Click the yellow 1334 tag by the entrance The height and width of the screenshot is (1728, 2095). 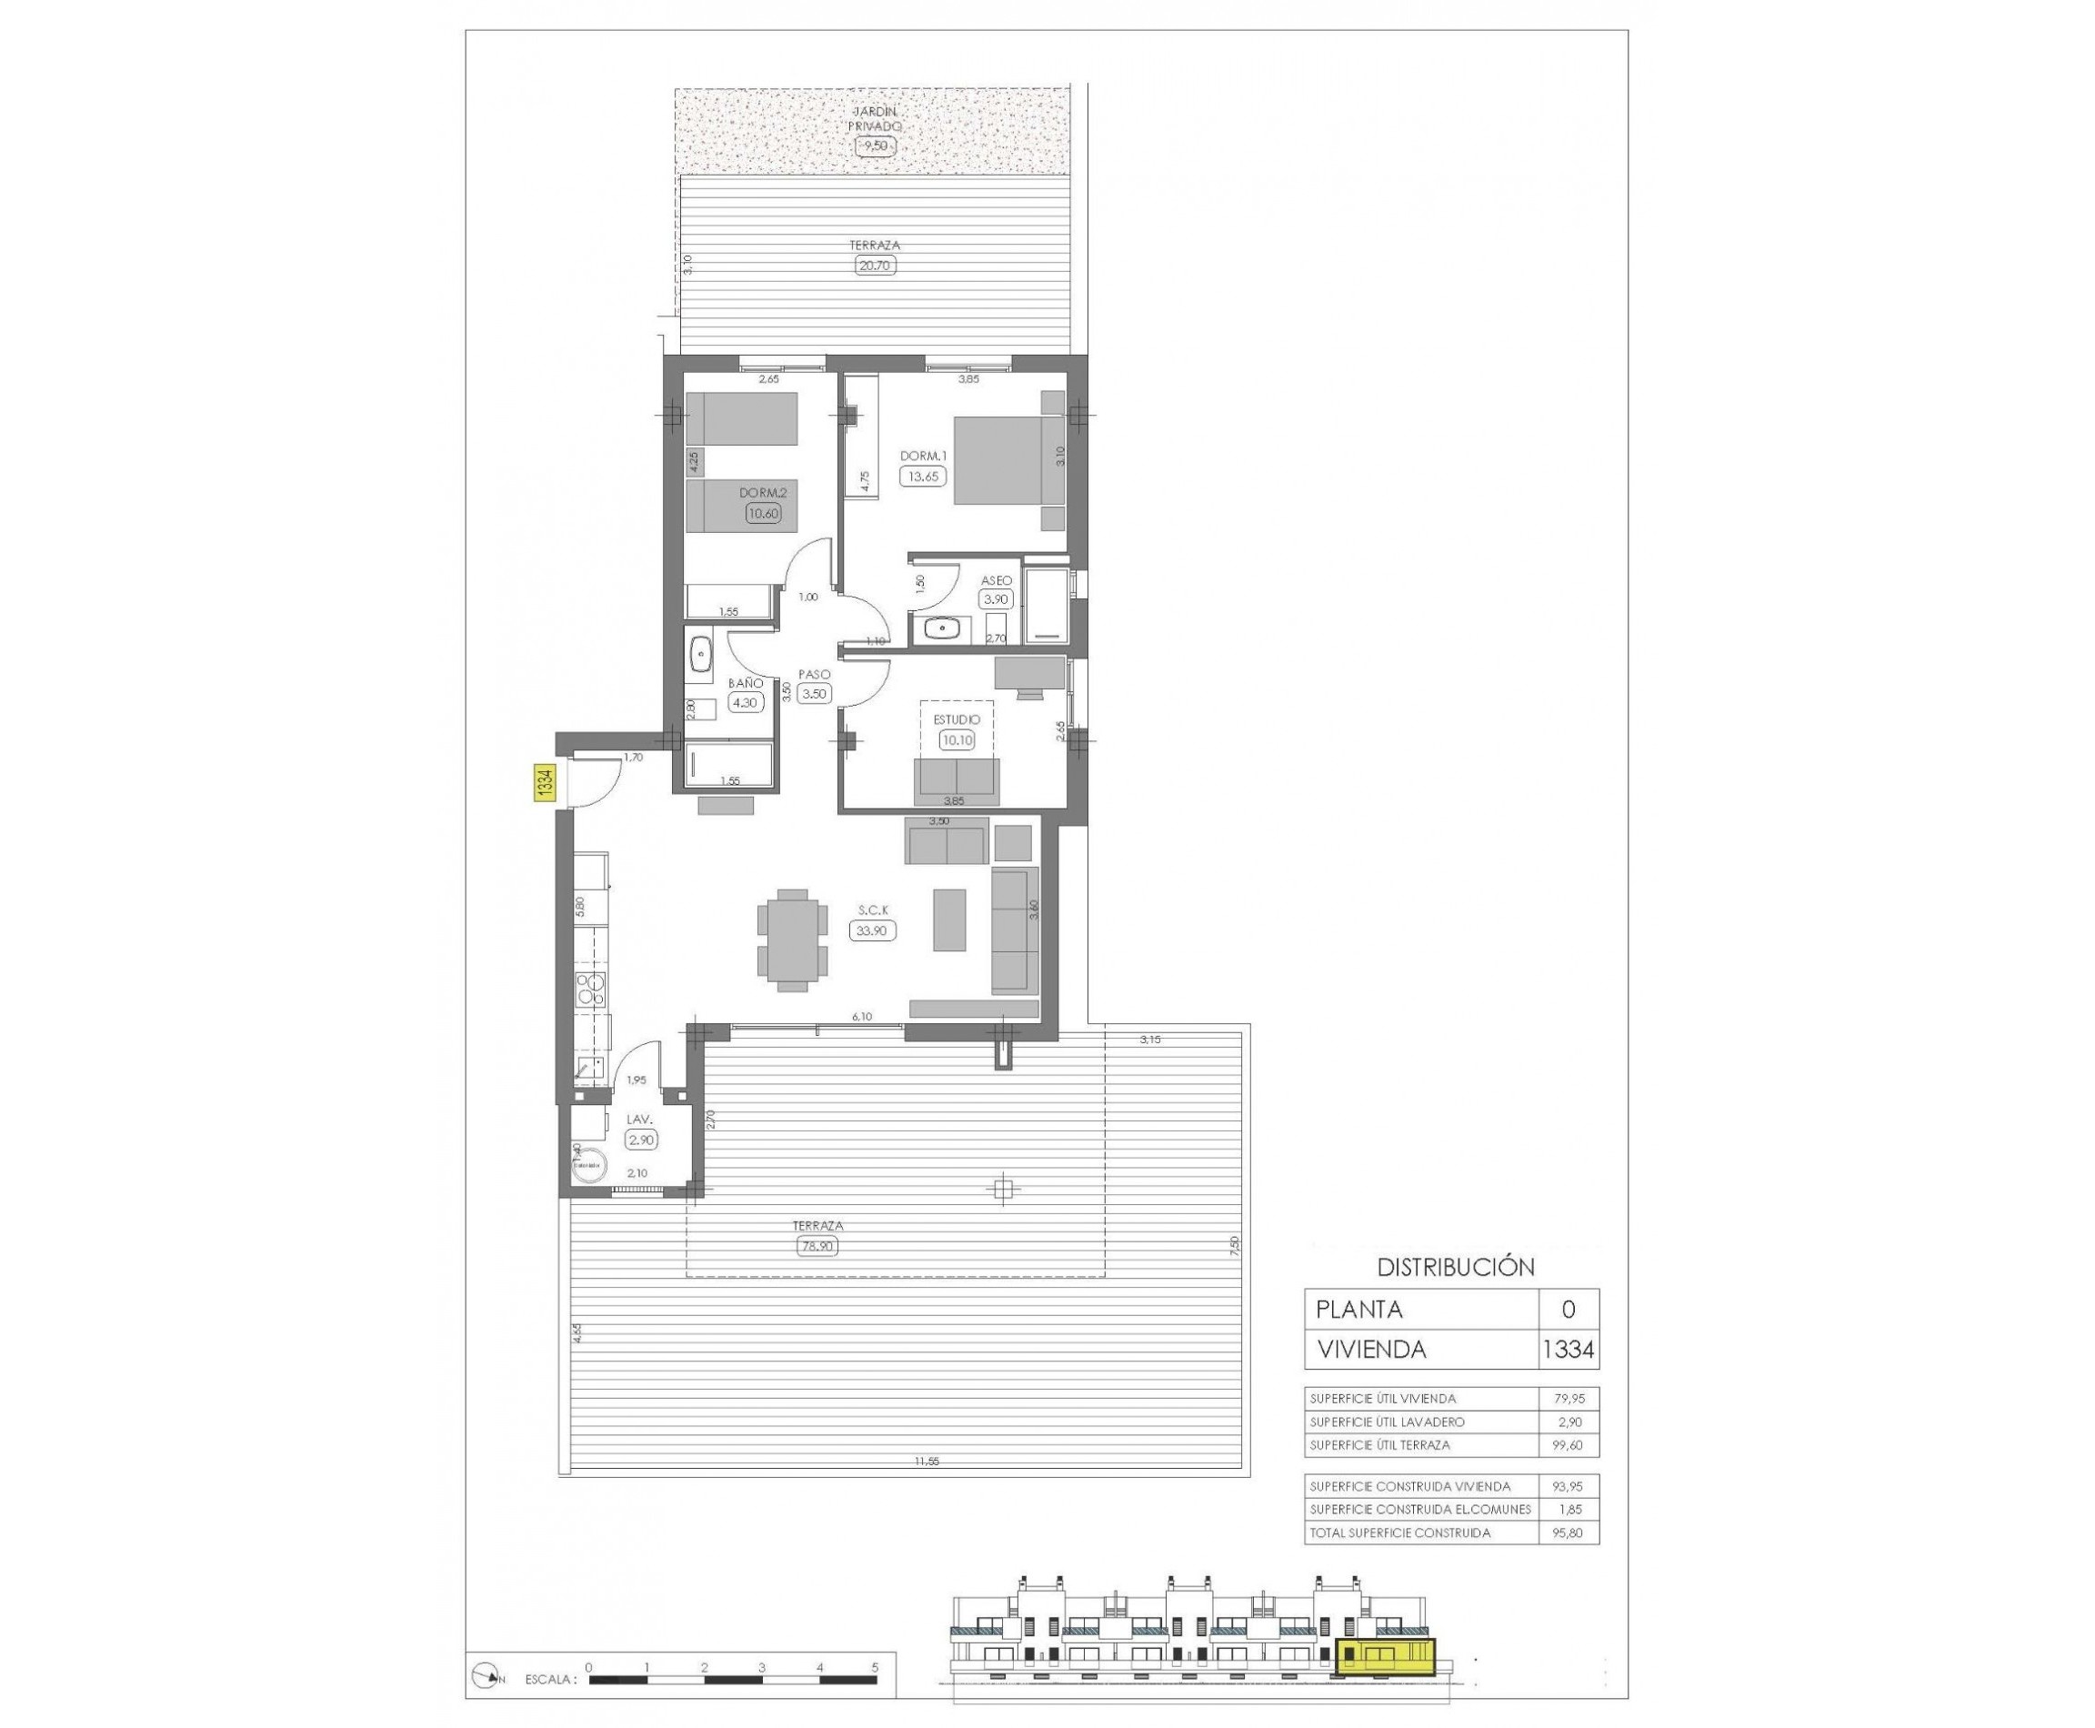[x=544, y=781]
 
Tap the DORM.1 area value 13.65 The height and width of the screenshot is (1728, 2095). [x=919, y=476]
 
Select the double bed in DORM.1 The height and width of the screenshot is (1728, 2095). [x=1008, y=460]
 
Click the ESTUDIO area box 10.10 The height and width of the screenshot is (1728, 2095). [x=956, y=739]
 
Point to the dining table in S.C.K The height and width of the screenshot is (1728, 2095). [x=792, y=939]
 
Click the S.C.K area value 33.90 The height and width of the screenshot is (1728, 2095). [x=873, y=930]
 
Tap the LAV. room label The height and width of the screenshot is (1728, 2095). [x=639, y=1120]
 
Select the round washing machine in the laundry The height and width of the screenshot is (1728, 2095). [x=590, y=1165]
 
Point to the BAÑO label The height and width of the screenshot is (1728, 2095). [x=745, y=684]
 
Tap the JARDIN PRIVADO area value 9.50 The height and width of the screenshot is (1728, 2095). [x=875, y=146]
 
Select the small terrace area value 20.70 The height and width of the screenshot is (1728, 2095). [x=875, y=265]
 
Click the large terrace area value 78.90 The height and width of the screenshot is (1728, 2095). [x=817, y=1245]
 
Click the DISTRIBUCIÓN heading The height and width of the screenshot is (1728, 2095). [x=1455, y=1267]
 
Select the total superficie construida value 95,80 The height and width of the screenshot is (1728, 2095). [x=1568, y=1532]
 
